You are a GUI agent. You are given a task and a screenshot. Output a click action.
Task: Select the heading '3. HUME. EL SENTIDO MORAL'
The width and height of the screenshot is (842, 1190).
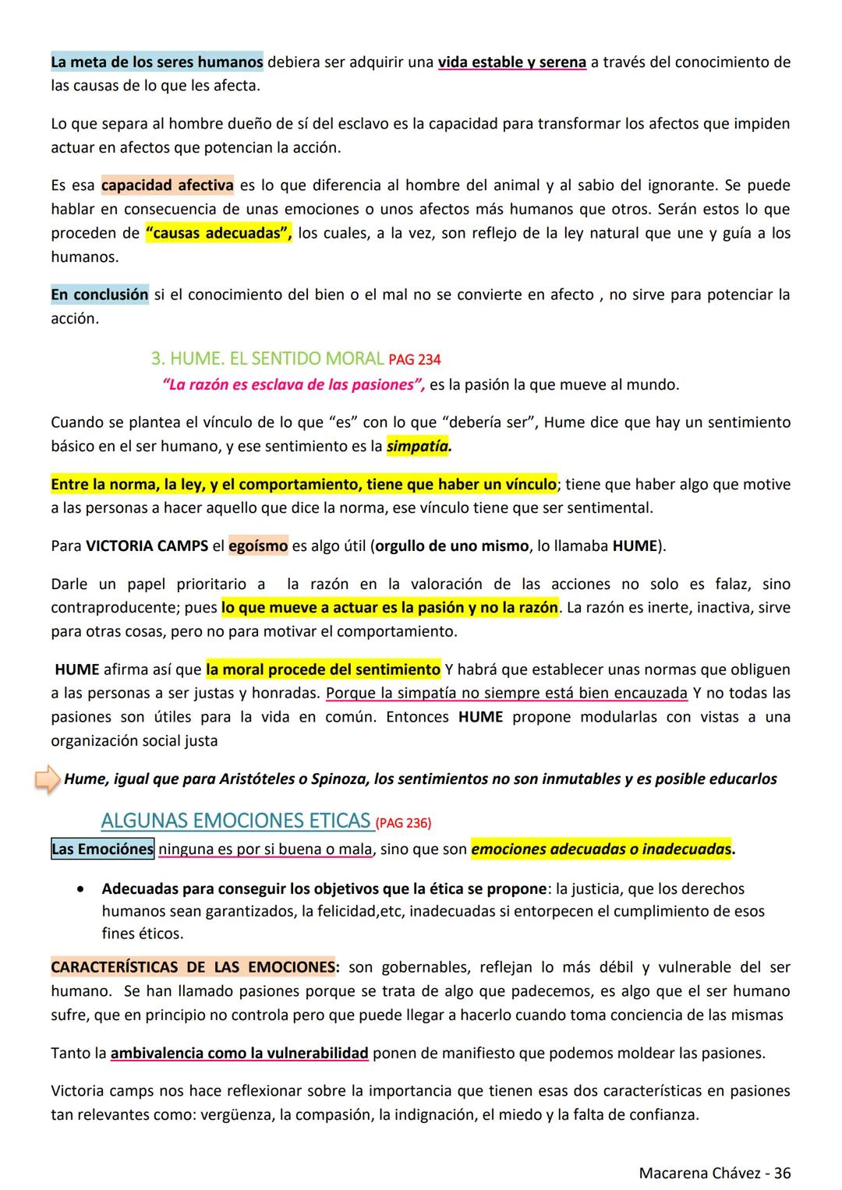point(267,359)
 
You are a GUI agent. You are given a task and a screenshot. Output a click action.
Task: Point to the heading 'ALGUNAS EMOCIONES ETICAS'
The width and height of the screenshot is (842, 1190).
point(235,821)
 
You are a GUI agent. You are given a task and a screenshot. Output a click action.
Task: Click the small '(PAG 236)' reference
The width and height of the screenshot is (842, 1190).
point(403,823)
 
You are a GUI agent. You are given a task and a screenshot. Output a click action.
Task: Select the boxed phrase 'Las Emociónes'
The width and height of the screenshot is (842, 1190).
point(102,849)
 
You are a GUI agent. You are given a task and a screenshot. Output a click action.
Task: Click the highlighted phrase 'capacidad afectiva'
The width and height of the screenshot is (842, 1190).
point(167,185)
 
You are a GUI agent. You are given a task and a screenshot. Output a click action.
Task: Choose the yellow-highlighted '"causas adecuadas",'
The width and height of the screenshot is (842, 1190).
point(218,233)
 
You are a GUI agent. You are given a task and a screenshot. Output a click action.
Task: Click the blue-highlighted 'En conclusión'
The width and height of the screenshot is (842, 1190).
point(99,295)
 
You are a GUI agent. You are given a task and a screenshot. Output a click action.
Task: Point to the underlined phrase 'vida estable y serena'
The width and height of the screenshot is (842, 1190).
point(511,62)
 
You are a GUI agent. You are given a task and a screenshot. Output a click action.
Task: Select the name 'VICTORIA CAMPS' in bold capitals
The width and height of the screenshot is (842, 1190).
point(147,546)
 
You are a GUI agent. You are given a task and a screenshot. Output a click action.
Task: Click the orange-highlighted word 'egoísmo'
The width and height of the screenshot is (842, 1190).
point(258,546)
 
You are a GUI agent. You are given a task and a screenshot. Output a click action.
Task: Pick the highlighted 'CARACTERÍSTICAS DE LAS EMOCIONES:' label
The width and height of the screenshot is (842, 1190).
point(195,967)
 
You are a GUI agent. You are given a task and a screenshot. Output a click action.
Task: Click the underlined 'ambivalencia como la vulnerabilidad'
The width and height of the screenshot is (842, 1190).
point(239,1054)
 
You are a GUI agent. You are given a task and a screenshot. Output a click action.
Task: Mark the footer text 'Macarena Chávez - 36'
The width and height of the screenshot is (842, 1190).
point(714,1173)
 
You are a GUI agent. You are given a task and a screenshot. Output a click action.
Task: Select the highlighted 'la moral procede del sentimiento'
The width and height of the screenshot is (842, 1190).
point(323,669)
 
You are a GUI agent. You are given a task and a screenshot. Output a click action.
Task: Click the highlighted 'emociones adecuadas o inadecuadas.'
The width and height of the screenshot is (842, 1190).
point(602,849)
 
